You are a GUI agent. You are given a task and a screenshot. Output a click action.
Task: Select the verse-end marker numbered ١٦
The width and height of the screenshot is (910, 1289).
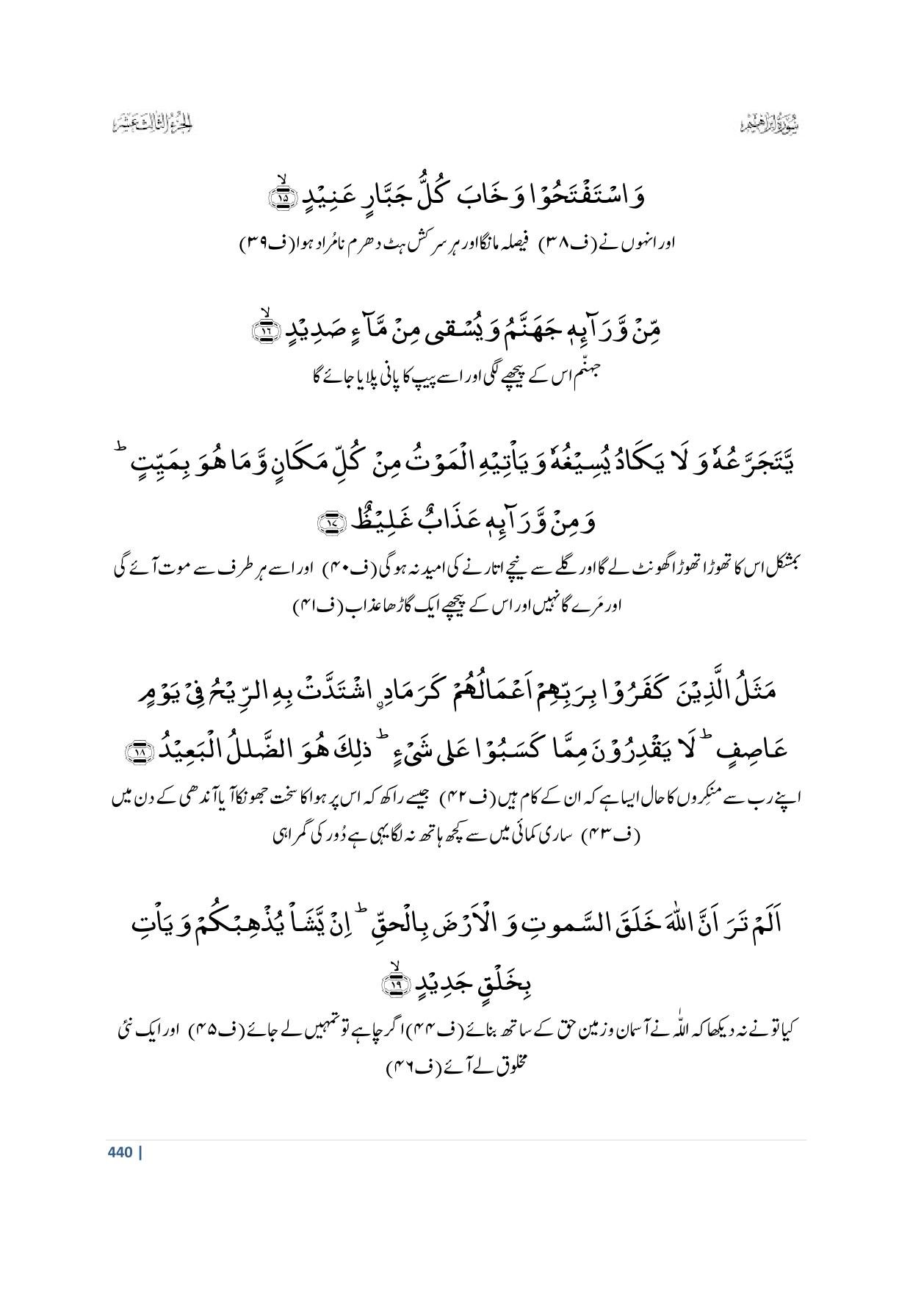[x=266, y=331]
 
